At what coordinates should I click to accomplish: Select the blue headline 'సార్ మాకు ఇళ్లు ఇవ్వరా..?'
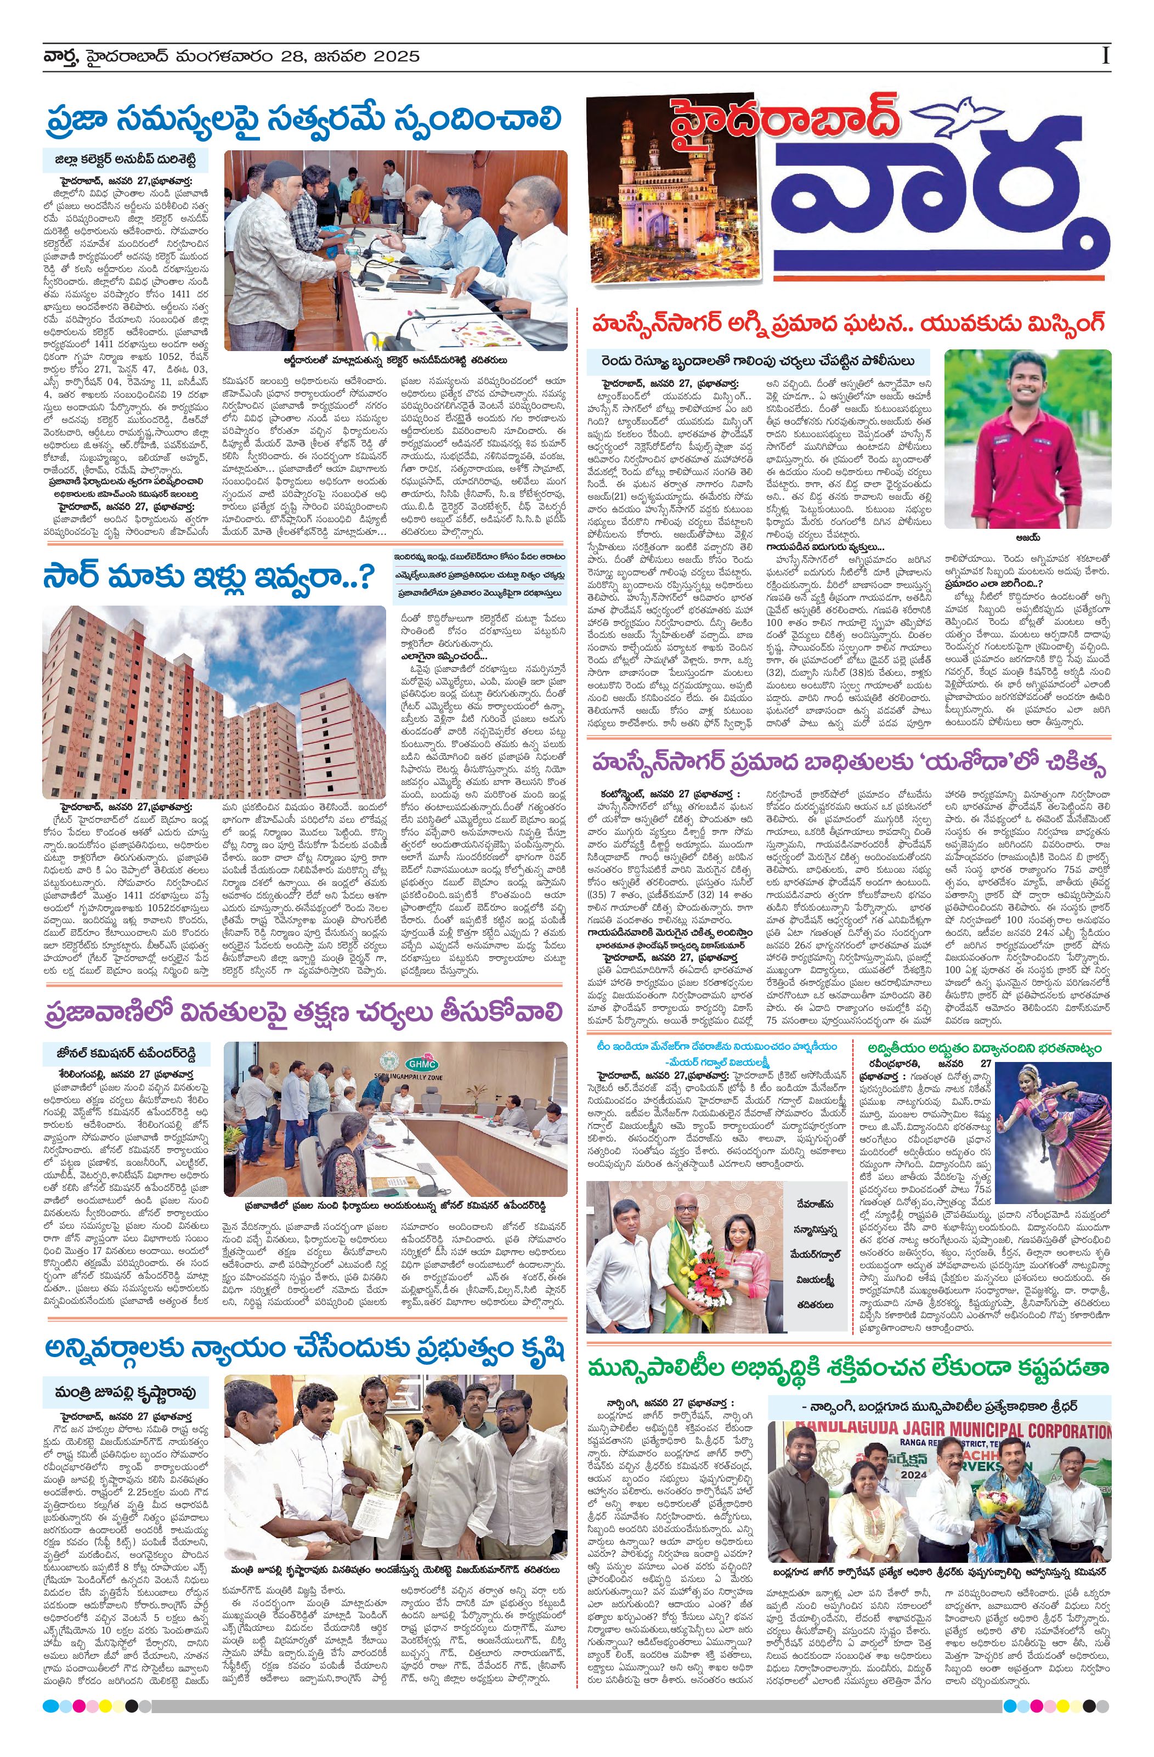pos(209,577)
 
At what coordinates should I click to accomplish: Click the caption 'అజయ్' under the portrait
pos(1027,538)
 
